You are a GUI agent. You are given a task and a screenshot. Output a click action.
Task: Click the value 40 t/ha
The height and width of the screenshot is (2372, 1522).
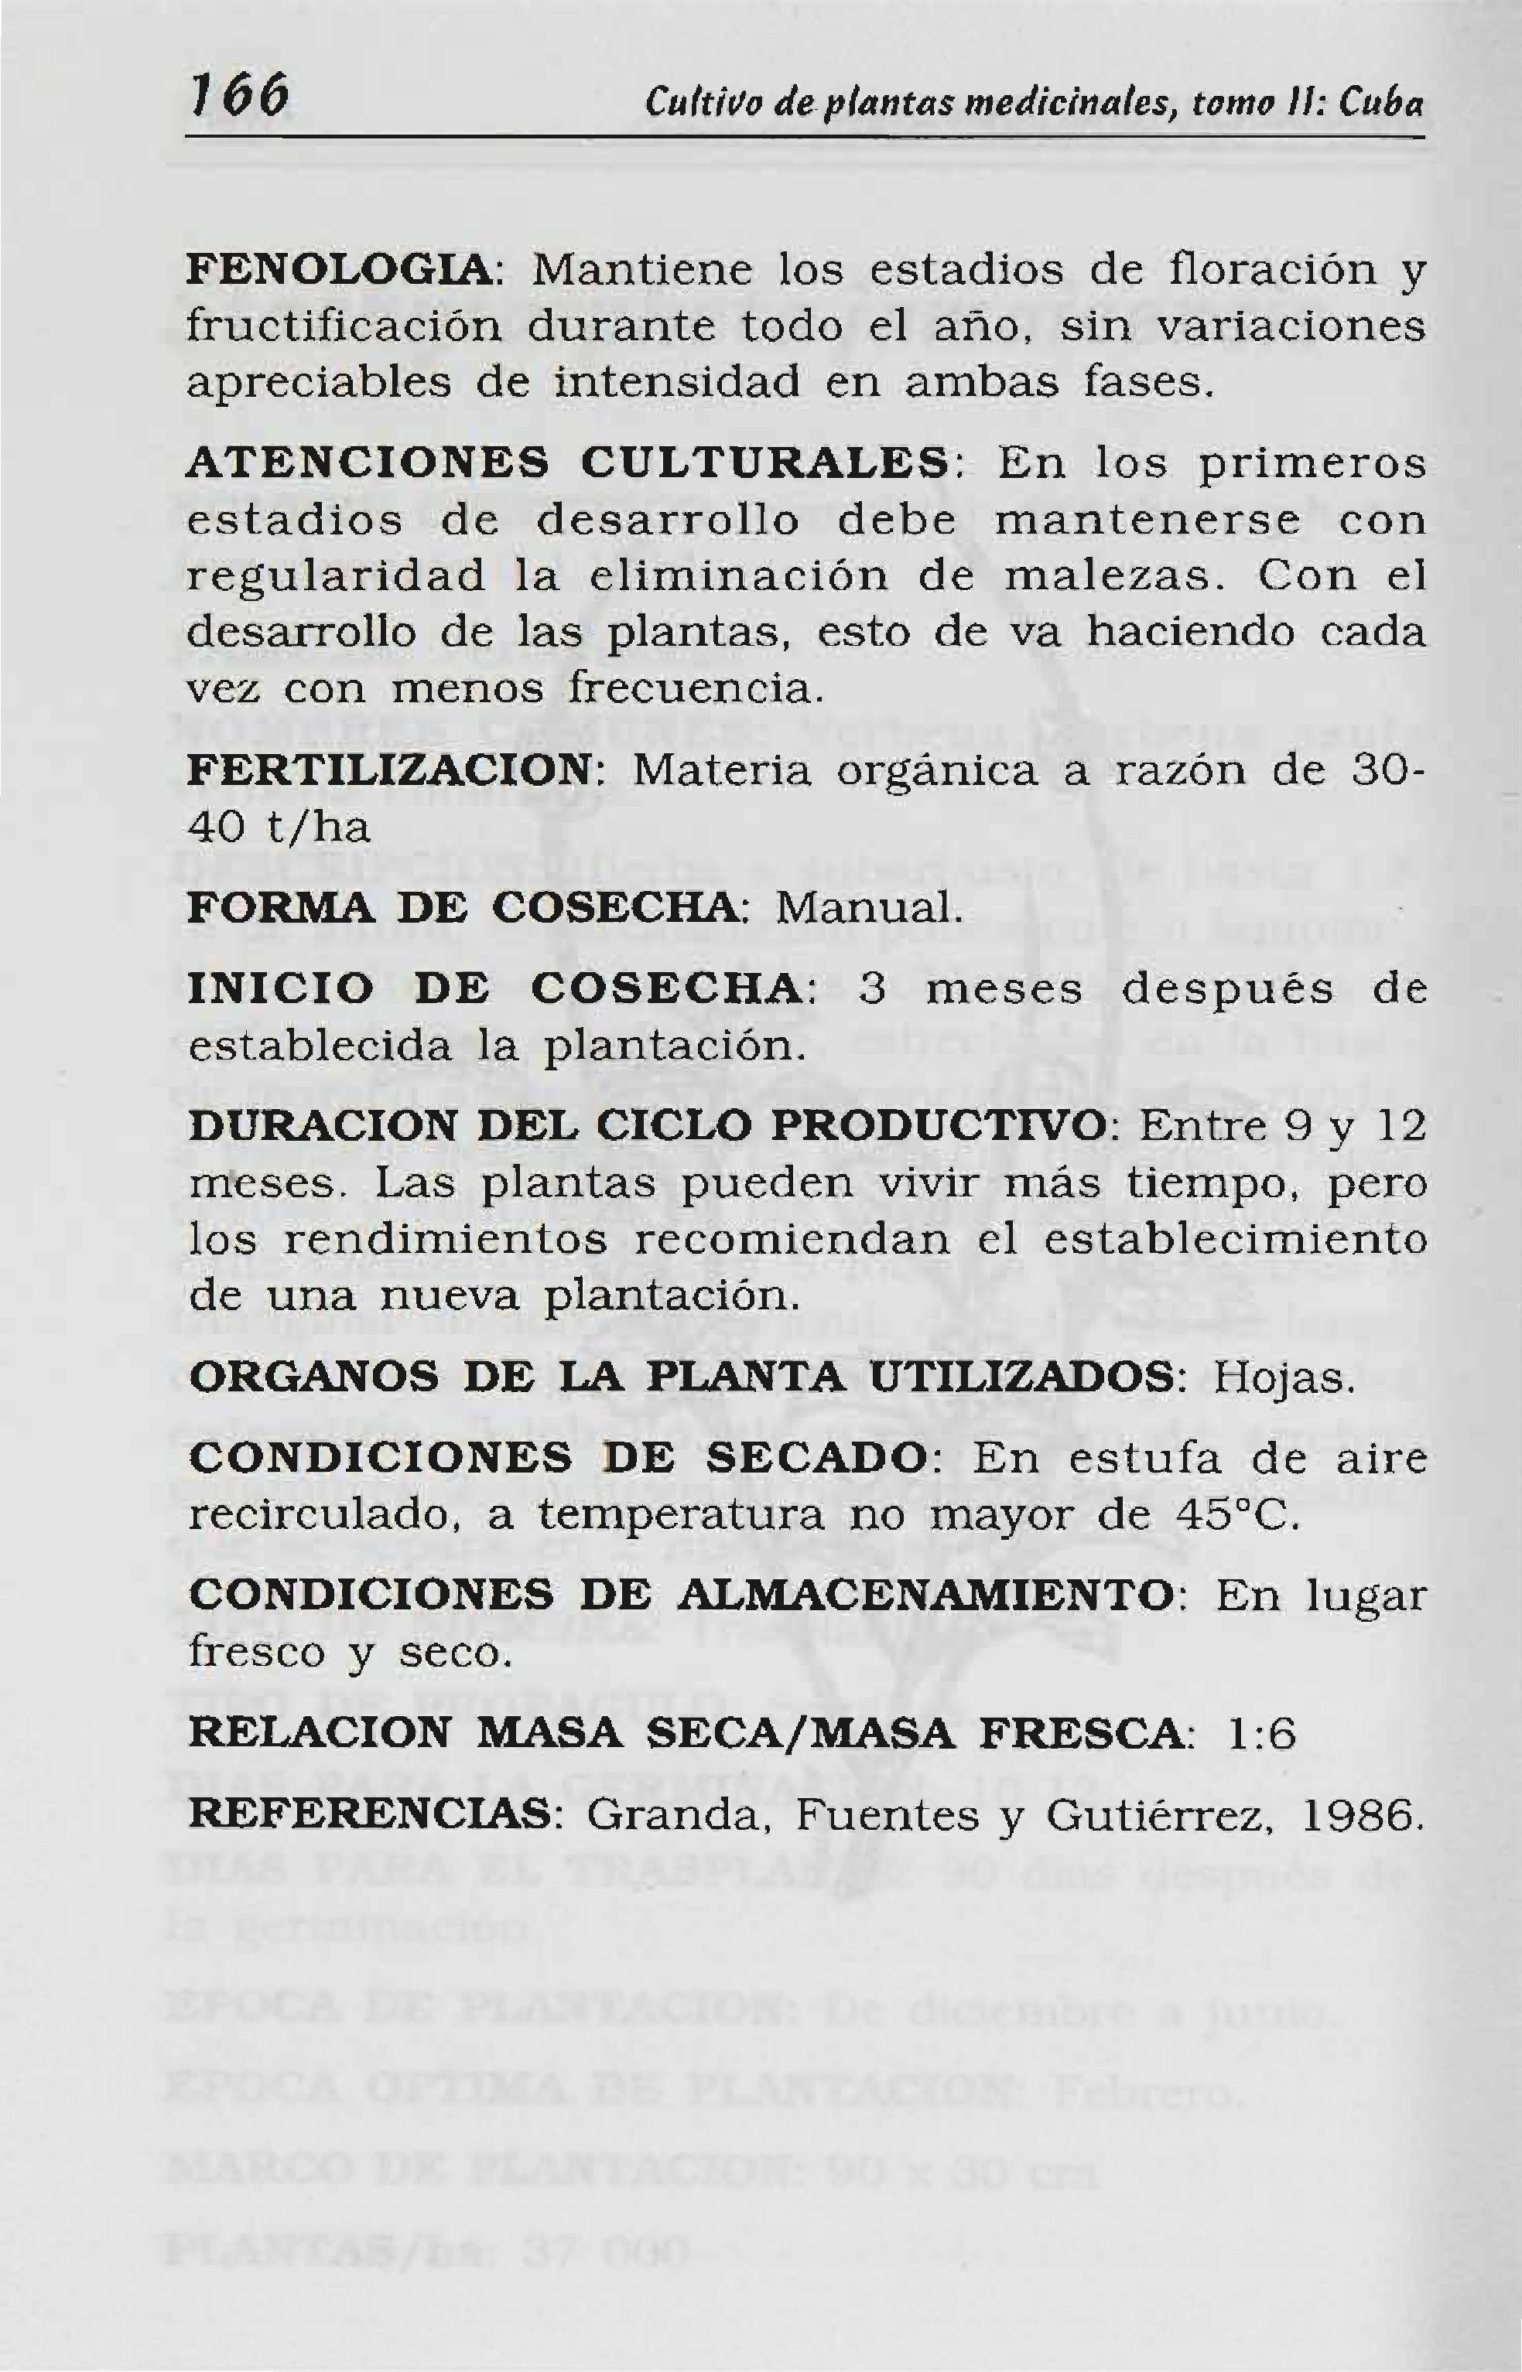click(279, 827)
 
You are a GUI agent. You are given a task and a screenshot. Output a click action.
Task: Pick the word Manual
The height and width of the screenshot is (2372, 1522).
click(867, 907)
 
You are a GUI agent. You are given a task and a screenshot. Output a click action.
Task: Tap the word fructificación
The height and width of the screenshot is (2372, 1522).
click(343, 327)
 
